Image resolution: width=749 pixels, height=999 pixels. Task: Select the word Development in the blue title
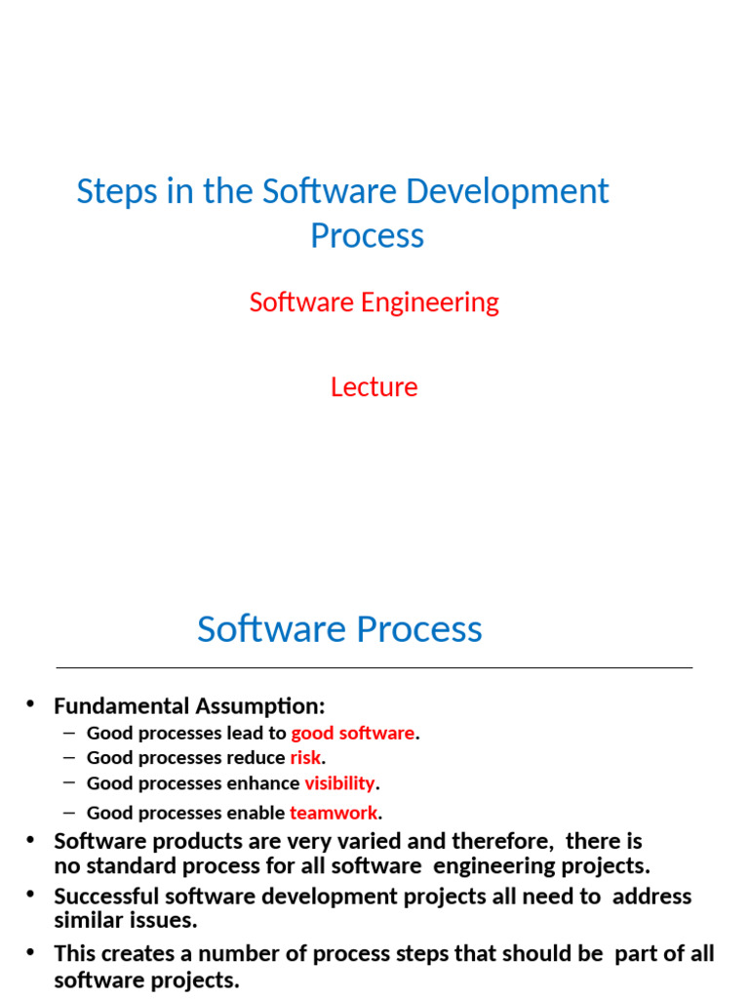point(507,191)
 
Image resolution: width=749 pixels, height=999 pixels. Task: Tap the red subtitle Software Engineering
point(374,302)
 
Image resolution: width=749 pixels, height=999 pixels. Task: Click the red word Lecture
point(374,387)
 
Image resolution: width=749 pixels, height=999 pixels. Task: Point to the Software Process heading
point(339,629)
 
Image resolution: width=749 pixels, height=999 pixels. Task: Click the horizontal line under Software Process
point(374,668)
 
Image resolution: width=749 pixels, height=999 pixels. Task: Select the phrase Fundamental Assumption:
point(189,705)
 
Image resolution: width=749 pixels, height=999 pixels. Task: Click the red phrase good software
point(353,733)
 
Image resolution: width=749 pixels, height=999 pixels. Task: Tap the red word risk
point(305,758)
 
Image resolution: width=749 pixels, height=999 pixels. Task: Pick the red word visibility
point(339,783)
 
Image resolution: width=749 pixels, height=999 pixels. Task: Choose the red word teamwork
point(333,813)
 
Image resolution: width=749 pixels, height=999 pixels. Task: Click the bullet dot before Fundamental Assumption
point(30,703)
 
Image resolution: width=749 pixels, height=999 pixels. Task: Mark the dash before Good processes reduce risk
point(68,757)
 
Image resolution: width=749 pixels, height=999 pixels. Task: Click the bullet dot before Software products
point(30,839)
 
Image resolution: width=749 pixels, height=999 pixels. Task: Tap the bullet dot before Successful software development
point(30,895)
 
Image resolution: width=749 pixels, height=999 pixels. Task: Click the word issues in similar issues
point(165,920)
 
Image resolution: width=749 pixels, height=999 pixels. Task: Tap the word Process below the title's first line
point(367,236)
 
